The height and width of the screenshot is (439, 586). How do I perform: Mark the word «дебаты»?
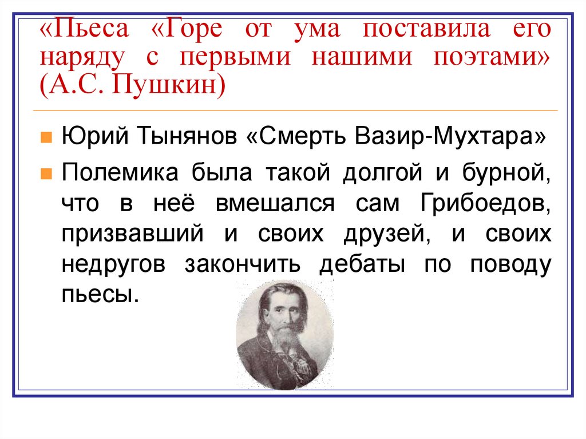click(360, 266)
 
